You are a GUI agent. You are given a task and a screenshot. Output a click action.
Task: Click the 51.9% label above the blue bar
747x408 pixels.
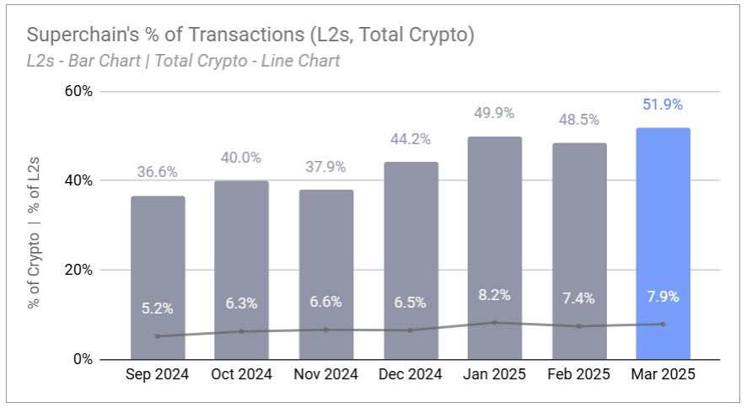663,105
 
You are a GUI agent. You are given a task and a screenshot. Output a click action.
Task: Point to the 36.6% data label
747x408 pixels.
158,172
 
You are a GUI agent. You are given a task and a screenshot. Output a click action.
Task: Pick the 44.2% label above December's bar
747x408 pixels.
411,138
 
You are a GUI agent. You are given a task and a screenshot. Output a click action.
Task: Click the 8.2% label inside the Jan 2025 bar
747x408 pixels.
495,296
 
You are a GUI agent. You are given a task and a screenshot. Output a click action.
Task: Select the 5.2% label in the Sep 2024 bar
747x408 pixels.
158,309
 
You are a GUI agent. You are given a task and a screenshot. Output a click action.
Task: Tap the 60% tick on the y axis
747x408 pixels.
78,91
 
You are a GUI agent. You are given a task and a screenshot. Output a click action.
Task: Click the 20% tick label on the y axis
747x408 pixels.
78,270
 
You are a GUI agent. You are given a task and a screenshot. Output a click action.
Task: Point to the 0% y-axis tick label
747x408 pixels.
82,359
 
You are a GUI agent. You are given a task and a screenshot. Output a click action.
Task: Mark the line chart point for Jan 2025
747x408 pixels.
495,322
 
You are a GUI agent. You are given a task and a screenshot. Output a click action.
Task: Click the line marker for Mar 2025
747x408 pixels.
663,324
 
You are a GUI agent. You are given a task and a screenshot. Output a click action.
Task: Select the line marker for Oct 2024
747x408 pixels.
242,331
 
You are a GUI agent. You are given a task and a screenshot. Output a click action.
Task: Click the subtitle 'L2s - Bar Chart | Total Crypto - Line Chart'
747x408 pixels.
183,61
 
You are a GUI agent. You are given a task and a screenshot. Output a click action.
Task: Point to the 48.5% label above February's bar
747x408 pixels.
579,120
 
